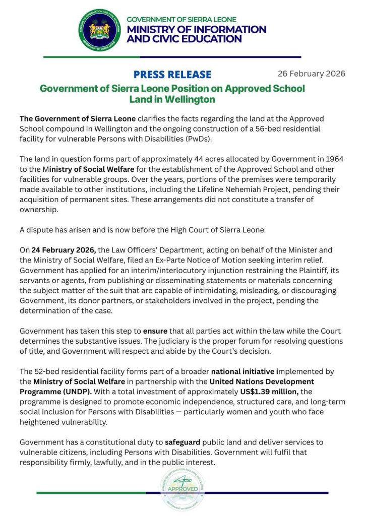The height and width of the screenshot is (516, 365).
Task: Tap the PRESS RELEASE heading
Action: click(x=172, y=75)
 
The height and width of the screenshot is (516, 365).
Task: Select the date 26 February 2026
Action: click(x=311, y=74)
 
